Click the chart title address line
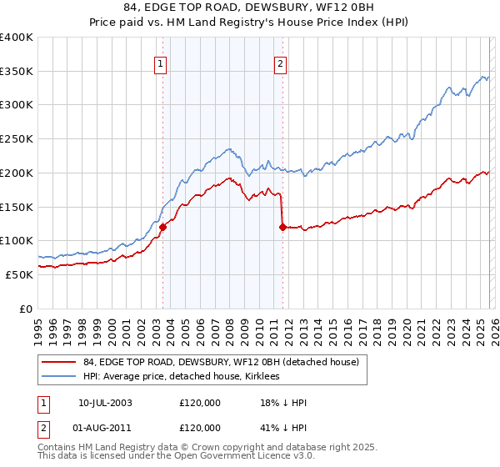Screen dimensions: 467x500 [250, 9]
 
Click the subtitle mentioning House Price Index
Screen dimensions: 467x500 [250, 24]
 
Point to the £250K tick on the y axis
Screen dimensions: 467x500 [17, 139]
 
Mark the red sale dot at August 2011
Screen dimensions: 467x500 [283, 227]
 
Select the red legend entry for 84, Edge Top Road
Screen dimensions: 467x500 [221, 362]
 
